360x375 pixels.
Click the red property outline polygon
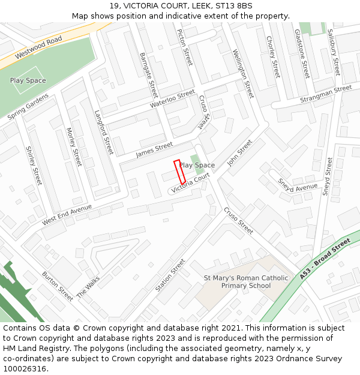click(x=179, y=172)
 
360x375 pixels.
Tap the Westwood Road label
click(x=39, y=47)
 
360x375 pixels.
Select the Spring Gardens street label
click(x=28, y=107)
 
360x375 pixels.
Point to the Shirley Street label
click(x=34, y=166)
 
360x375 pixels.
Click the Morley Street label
click(x=74, y=147)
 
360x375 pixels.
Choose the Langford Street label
click(x=104, y=131)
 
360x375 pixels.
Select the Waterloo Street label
click(x=173, y=98)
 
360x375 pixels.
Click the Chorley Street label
click(x=273, y=57)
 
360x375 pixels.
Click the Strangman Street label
click(x=326, y=94)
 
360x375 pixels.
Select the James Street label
click(x=154, y=149)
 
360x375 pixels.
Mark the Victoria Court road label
click(x=190, y=183)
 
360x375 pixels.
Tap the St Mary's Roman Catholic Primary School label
click(x=246, y=282)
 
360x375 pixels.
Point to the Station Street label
click(x=170, y=275)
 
